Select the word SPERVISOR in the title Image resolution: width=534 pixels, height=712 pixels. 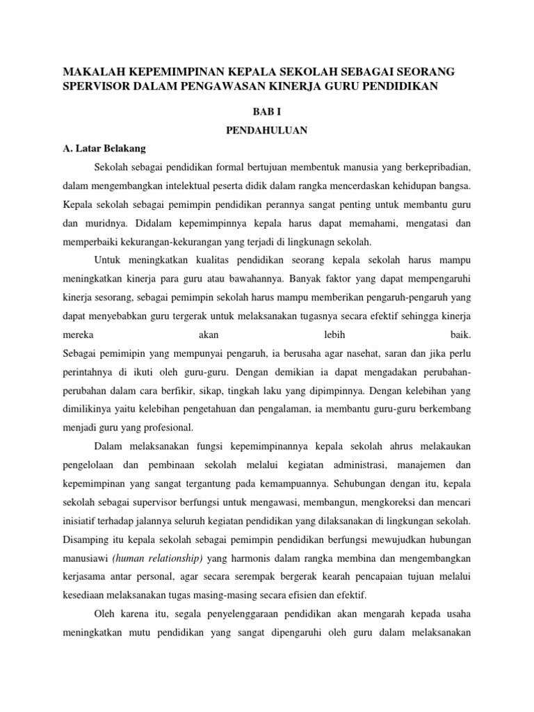click(96, 86)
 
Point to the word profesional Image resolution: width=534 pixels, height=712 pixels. click(164, 428)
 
